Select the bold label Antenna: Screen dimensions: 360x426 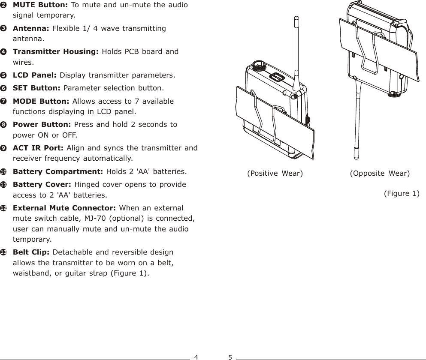coord(31,28)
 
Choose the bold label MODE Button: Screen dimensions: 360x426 coord(42,101)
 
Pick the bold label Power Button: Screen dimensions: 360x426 coord(42,125)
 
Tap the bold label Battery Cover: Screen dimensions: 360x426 coord(43,185)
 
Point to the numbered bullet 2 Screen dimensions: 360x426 coord(3,5)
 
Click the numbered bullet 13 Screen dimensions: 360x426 coord(3,252)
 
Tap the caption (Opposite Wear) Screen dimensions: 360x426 coord(380,173)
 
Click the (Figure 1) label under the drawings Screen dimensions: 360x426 coord(401,193)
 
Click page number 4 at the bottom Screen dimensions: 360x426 coord(196,357)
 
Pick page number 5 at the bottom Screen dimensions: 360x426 coord(230,357)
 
